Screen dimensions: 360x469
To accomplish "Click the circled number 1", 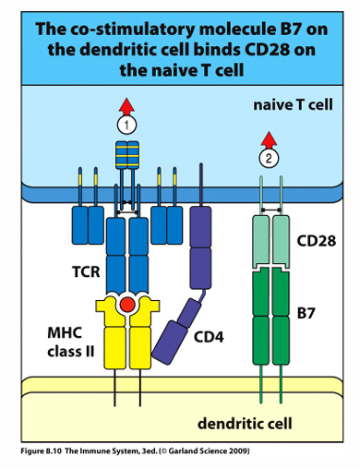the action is click(126, 125).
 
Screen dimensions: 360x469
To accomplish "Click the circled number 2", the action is click(269, 159).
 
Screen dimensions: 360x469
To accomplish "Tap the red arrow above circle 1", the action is click(126, 107).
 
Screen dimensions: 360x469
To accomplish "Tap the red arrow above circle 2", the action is click(269, 140).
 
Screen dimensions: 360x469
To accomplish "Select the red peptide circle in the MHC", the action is click(127, 305).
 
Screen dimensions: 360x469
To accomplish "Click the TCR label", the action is click(86, 271).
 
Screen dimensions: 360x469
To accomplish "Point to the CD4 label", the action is click(209, 337).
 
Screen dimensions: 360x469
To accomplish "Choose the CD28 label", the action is click(317, 241).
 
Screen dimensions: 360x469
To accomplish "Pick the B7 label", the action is click(306, 313).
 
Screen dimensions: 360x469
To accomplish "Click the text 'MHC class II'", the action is click(70, 342).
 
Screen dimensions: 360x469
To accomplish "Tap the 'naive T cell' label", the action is click(293, 105).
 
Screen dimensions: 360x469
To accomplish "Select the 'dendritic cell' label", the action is click(245, 423).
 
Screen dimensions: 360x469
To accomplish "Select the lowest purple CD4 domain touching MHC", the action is click(170, 341).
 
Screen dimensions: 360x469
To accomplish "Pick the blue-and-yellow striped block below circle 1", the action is click(127, 155).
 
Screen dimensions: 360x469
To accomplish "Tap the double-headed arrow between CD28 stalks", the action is click(271, 210).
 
